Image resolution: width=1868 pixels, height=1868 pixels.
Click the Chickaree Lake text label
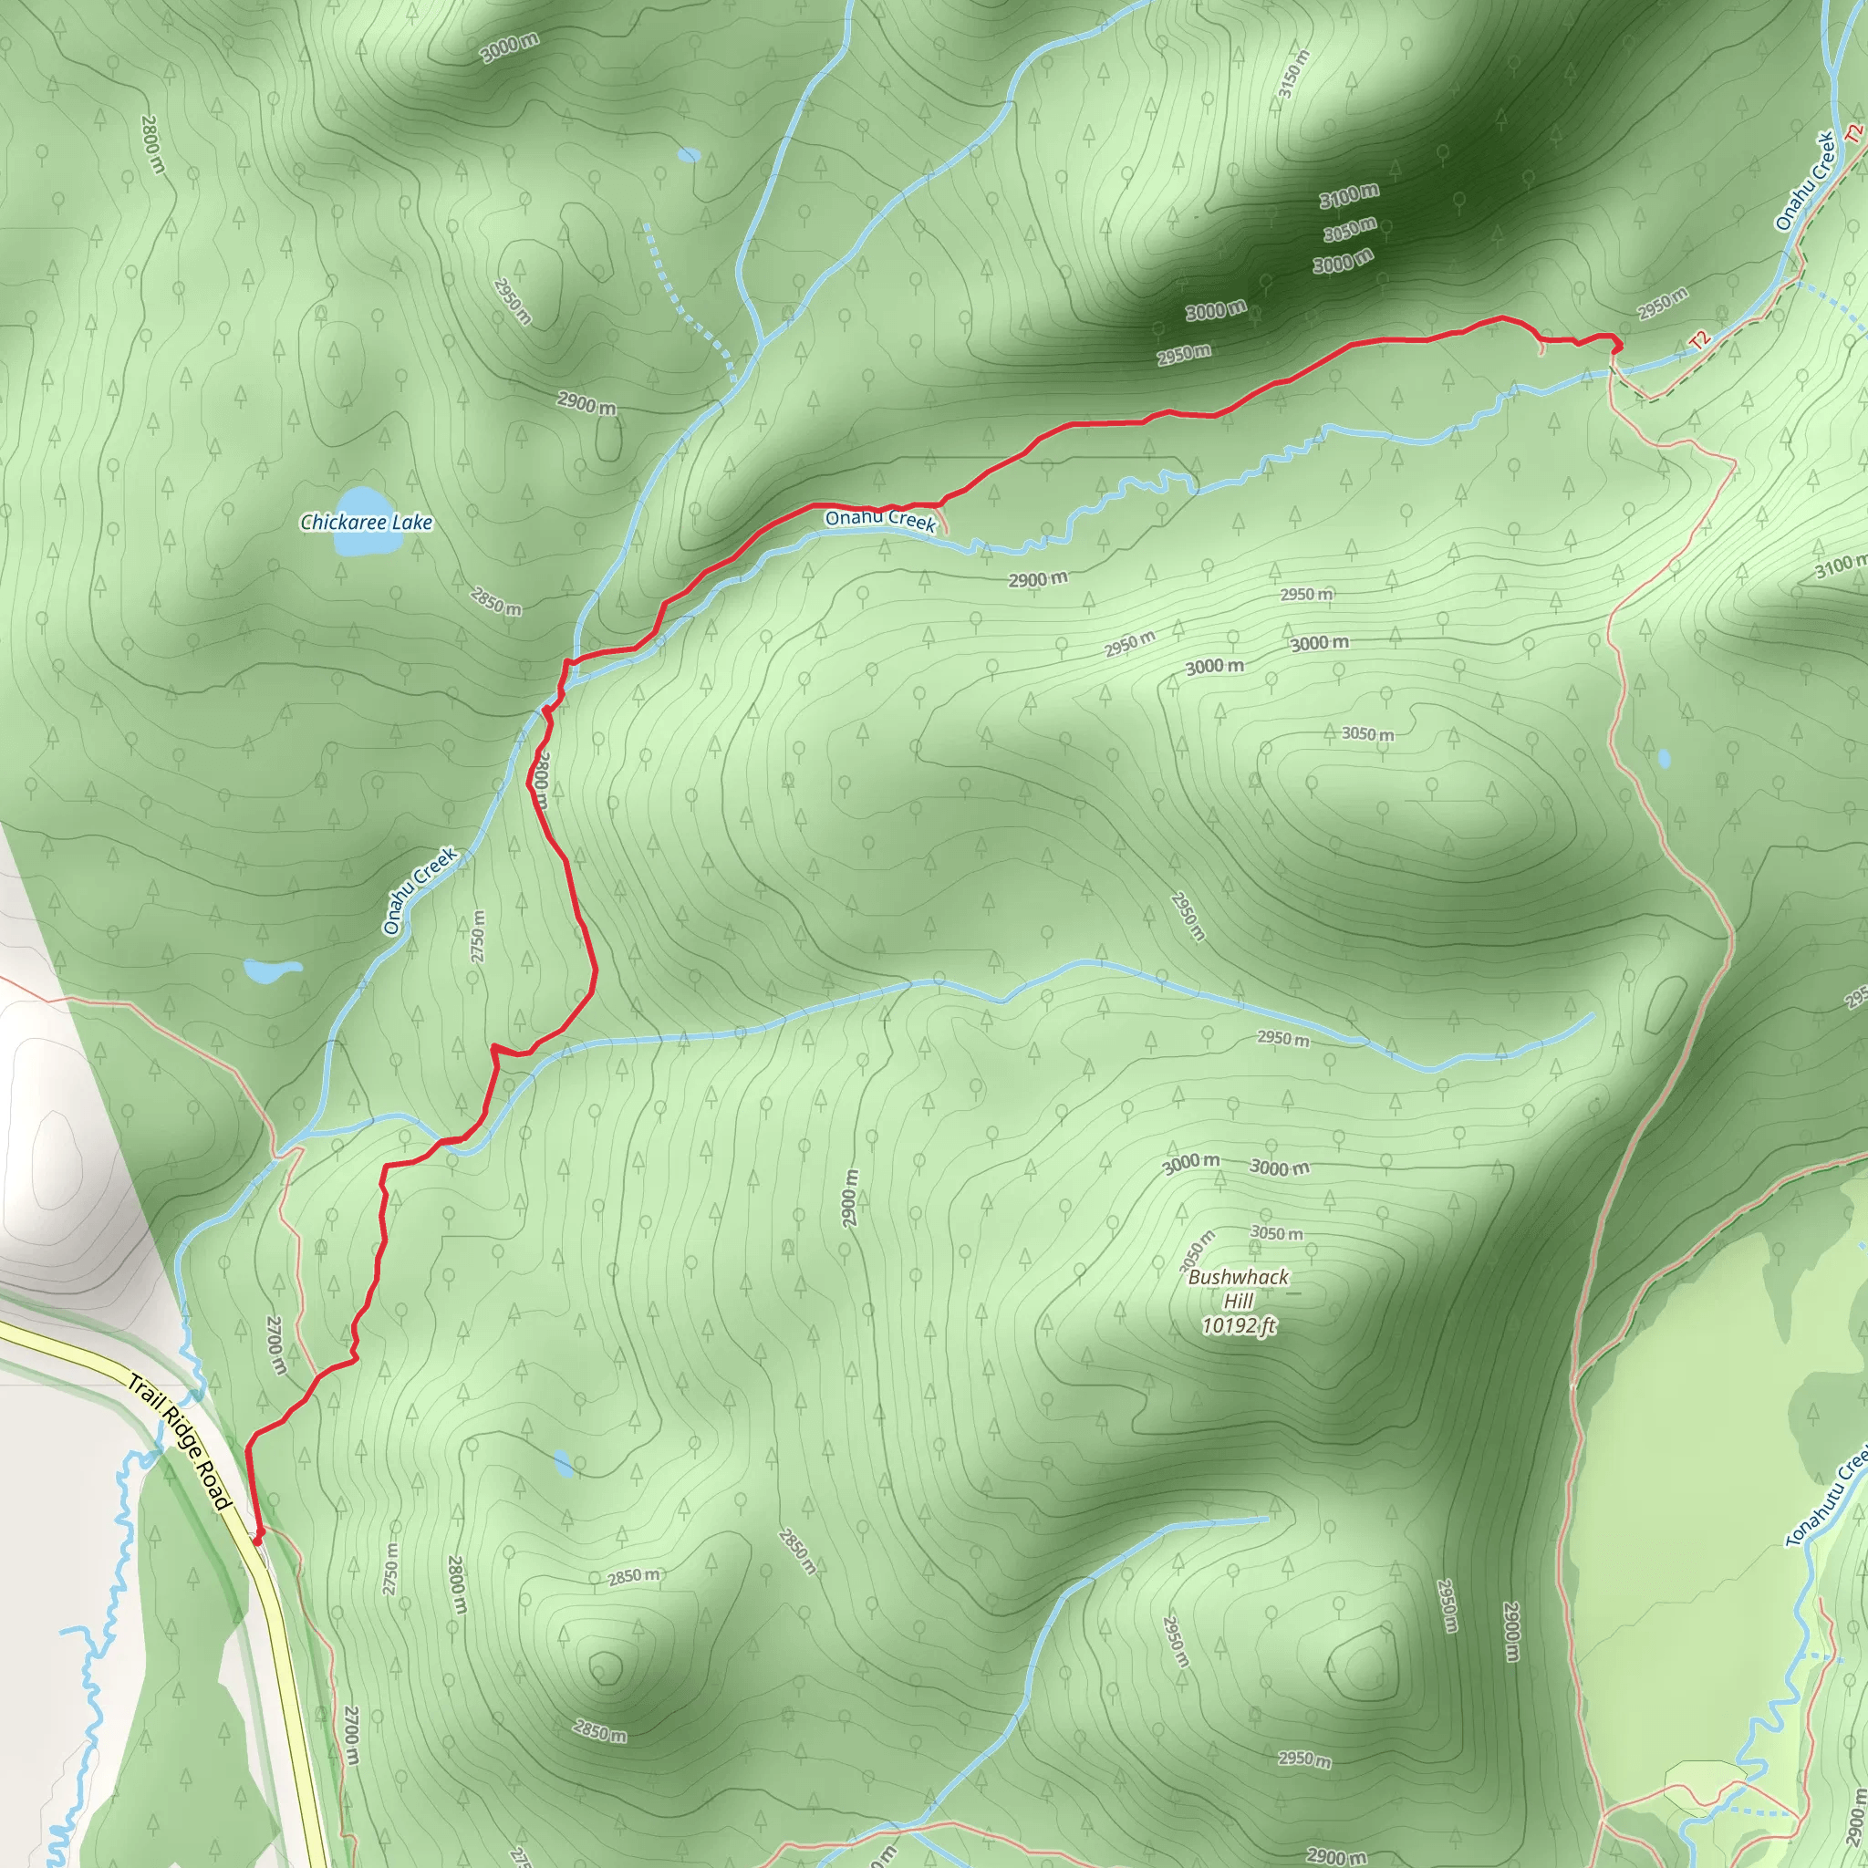pyautogui.click(x=367, y=523)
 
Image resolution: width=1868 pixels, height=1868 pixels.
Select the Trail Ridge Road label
pyautogui.click(x=181, y=1443)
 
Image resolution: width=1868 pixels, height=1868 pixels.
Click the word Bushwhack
pyautogui.click(x=1238, y=1277)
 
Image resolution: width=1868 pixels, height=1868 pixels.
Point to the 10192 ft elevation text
pyautogui.click(x=1238, y=1325)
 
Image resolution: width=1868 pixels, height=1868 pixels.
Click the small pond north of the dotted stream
pyautogui.click(x=689, y=155)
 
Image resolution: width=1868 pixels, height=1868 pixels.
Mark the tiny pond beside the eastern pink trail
pyautogui.click(x=1663, y=758)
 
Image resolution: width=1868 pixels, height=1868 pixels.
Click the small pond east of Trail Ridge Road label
pyautogui.click(x=563, y=1463)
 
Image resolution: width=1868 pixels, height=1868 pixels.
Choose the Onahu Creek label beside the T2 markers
pyautogui.click(x=1804, y=181)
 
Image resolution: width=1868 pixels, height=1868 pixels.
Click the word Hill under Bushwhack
pyautogui.click(x=1238, y=1302)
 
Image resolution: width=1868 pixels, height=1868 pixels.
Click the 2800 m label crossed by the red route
pyautogui.click(x=541, y=779)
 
